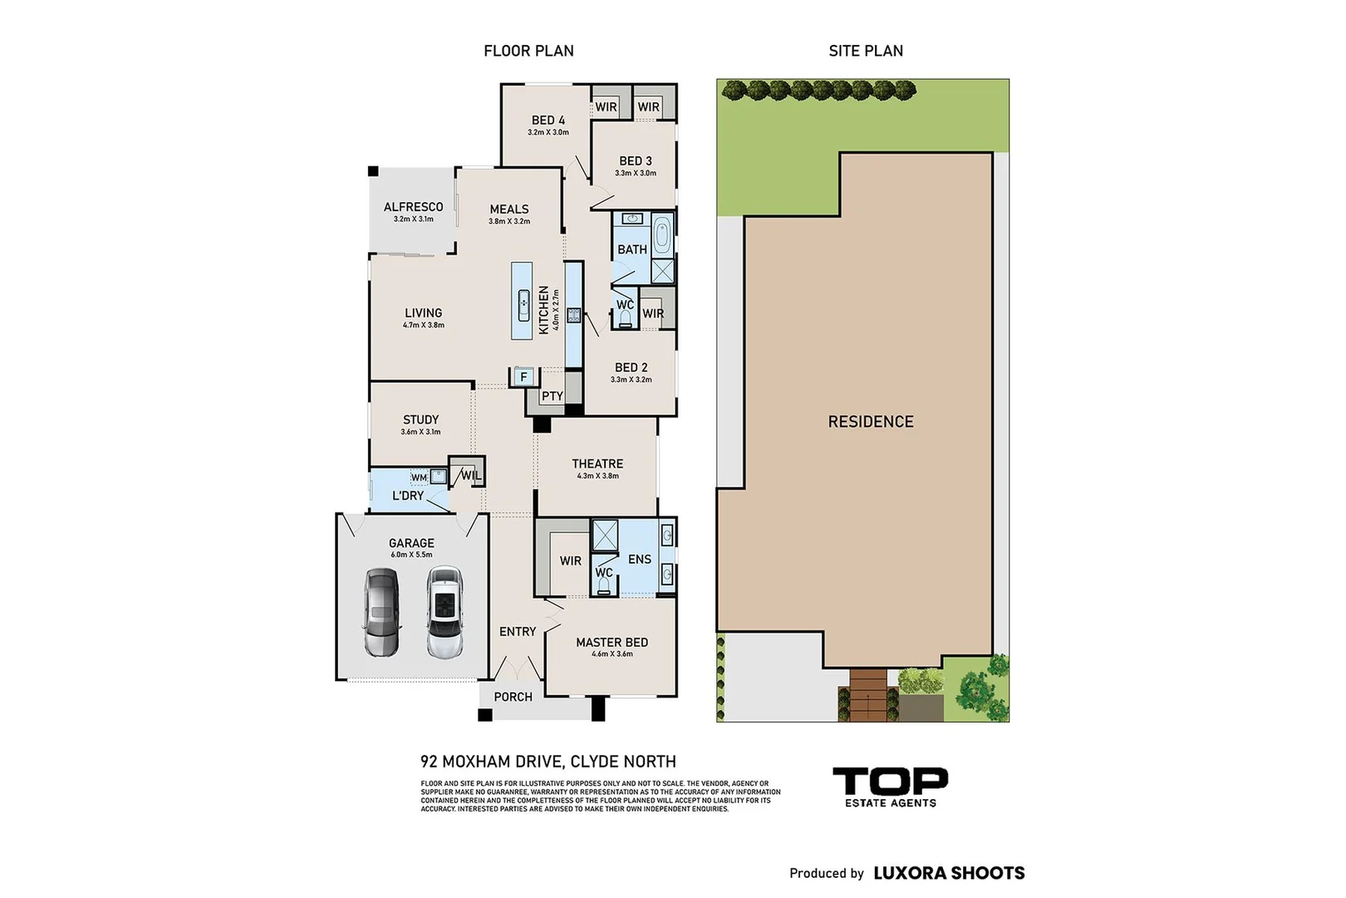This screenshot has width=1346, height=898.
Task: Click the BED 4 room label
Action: [548, 121]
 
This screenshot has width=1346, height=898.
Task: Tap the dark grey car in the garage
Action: [381, 612]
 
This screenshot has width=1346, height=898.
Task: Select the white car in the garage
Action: [445, 612]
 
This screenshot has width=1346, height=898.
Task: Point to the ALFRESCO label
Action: [413, 207]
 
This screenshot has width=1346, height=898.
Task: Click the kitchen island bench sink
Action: [523, 304]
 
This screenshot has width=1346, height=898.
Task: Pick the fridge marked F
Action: [523, 377]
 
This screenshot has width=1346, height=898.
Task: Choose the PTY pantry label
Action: [552, 397]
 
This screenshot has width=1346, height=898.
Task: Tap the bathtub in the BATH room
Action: [661, 236]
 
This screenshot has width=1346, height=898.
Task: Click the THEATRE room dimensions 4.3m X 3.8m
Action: [597, 476]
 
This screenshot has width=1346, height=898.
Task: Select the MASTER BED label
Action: [612, 643]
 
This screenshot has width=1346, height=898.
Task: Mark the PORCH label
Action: [513, 697]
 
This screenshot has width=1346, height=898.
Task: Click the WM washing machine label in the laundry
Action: [419, 477]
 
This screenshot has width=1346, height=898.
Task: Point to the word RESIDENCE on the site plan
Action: [870, 422]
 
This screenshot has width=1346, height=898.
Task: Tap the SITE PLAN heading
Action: [865, 51]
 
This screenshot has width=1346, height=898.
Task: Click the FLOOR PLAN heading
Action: [528, 51]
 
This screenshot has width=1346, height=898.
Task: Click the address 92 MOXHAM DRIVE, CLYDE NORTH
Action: [548, 762]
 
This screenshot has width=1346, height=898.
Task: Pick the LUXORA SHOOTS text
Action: [949, 873]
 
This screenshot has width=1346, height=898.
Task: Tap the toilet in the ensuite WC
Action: [603, 587]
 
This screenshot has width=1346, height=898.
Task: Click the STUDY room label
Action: [420, 420]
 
